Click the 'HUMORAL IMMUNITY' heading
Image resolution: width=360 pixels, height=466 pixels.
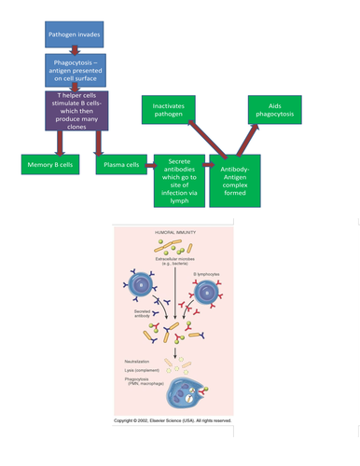coord(172,257)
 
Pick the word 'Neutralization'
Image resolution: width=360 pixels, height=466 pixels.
coord(140,361)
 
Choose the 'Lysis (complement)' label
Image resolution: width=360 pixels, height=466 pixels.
coord(143,371)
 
